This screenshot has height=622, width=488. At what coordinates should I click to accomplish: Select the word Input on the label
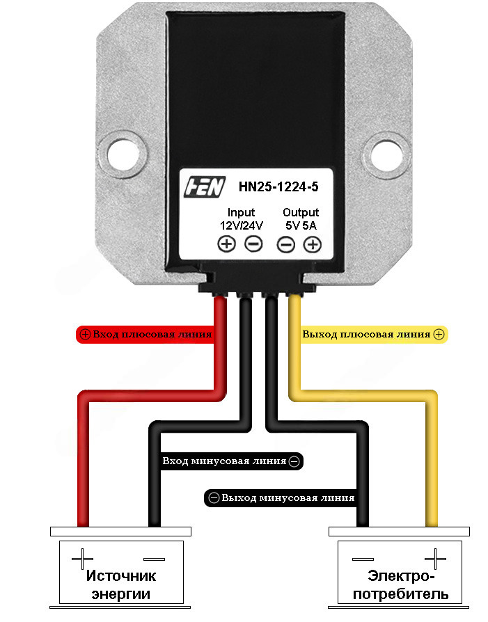coord(241,212)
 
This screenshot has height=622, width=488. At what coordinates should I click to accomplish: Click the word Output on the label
coord(301,212)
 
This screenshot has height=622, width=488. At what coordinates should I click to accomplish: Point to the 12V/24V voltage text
coord(241,225)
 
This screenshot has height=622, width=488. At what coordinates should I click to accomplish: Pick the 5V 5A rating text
coord(301,225)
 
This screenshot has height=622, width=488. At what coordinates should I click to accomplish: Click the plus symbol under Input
coord(227,244)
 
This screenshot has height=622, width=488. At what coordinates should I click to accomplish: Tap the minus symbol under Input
coord(253,244)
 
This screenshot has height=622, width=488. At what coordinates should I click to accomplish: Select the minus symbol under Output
coord(286,244)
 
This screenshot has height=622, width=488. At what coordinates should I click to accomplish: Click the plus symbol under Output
coord(313,244)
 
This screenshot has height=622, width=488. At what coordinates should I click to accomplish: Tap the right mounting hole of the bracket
coord(384,154)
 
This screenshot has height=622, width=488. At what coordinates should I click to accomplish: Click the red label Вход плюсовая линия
coord(145,334)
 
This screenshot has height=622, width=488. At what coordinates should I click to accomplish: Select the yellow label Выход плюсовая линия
coord(373,334)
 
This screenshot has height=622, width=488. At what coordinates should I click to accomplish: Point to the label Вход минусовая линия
coord(230,461)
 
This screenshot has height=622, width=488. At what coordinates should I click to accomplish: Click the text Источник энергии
coord(121,584)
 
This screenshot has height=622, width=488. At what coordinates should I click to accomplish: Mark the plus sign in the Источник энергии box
coord(82,558)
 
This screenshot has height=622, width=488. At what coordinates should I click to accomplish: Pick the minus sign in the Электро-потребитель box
coord(363,558)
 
